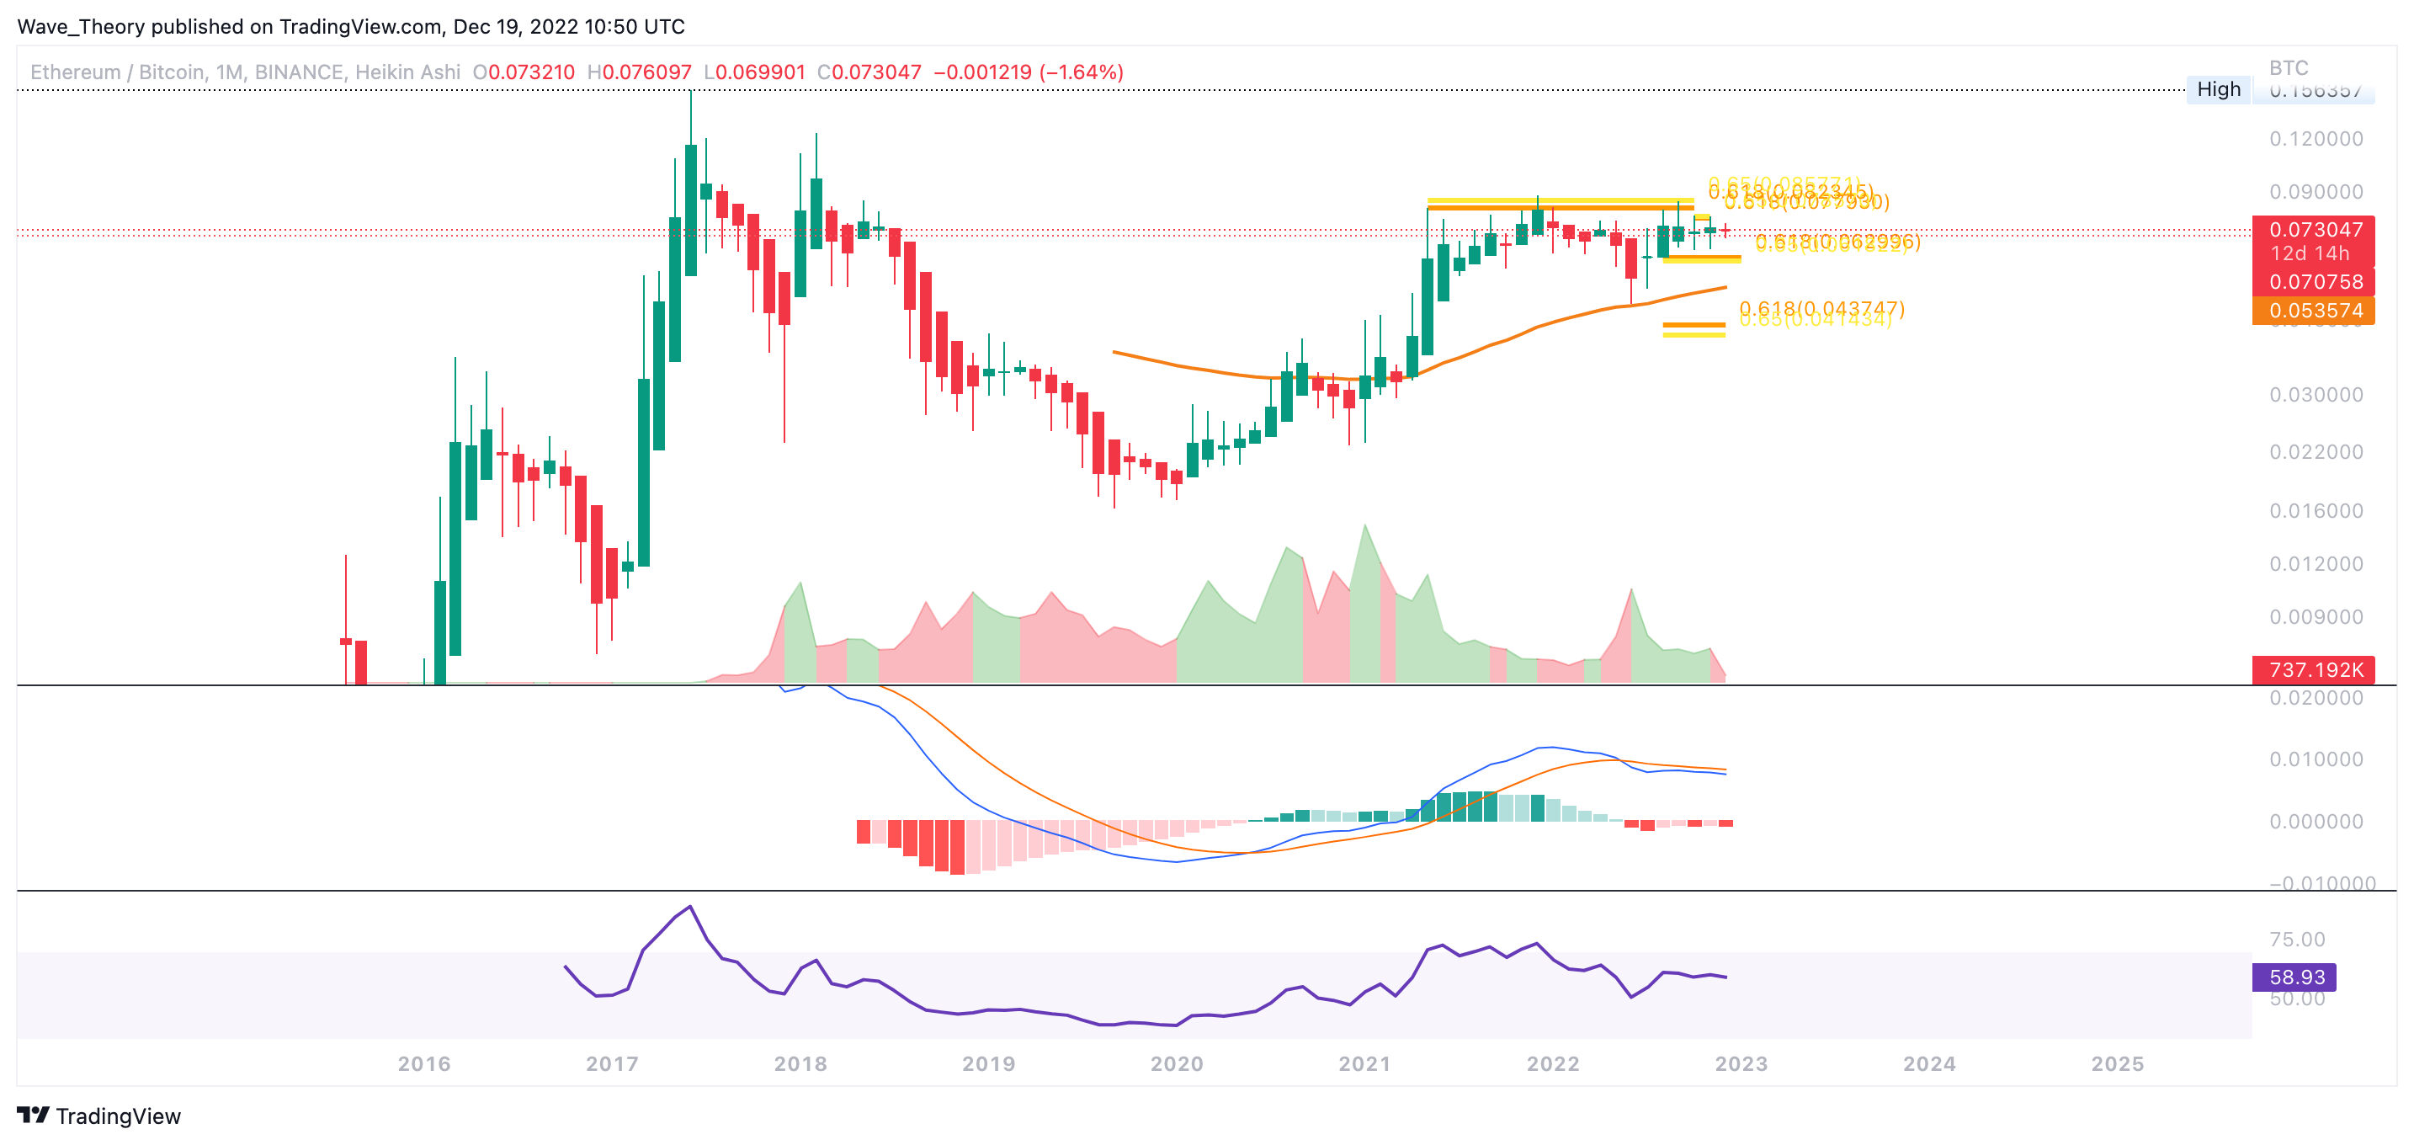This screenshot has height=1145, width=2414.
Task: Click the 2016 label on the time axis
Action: (423, 1063)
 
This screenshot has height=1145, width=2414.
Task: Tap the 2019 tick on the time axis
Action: (989, 1063)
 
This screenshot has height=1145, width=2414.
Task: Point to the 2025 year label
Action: (2118, 1063)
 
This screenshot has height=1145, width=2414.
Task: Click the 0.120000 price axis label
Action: (2316, 139)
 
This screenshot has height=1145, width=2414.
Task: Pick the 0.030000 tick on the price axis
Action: (2316, 395)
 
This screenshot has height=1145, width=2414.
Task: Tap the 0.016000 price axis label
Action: (2316, 511)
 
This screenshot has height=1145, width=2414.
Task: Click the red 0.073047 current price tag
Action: (2316, 230)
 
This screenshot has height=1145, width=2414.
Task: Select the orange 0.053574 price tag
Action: (2316, 310)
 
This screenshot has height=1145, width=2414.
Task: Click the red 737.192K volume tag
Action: (2316, 670)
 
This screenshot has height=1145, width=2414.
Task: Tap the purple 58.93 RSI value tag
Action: (2296, 977)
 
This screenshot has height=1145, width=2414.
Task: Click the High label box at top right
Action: (2218, 89)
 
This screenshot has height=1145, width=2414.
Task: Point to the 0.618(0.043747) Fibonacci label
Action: (1821, 308)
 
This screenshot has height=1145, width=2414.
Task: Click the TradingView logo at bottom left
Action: (98, 1116)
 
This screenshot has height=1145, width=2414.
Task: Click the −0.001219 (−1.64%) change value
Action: (1028, 72)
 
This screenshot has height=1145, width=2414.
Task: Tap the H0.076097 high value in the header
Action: (639, 72)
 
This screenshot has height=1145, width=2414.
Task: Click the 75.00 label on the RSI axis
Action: (2297, 939)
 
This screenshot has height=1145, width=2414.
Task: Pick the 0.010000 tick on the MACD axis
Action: (2316, 759)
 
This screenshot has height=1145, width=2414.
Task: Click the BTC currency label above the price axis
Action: (2289, 67)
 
